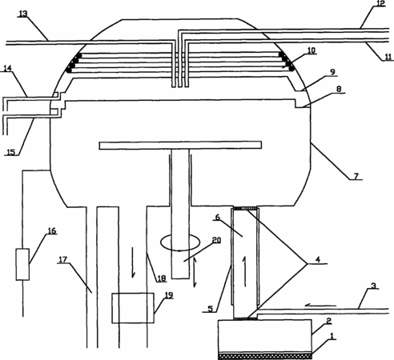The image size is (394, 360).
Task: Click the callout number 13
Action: (x=23, y=14)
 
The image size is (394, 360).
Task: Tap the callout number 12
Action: (x=380, y=3)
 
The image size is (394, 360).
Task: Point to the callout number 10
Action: (x=312, y=50)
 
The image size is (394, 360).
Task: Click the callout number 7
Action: (x=356, y=176)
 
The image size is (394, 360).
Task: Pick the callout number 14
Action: (x=7, y=68)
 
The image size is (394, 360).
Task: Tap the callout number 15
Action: (x=11, y=152)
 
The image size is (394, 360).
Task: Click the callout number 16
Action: (x=52, y=230)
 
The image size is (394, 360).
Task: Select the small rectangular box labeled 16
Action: (x=22, y=265)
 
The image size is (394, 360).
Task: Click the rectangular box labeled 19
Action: (x=133, y=308)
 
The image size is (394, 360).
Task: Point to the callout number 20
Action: (x=216, y=240)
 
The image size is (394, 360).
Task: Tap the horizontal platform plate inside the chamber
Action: (x=180, y=146)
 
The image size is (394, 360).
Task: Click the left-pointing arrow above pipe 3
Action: (x=320, y=305)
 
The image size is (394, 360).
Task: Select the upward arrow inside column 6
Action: (x=244, y=271)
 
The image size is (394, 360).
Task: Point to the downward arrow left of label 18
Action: (x=133, y=262)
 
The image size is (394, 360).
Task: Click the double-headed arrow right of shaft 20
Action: (x=195, y=272)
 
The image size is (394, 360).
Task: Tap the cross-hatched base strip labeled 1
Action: (x=265, y=356)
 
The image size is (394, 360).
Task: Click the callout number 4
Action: (x=318, y=259)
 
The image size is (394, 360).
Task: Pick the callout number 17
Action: (x=63, y=259)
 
